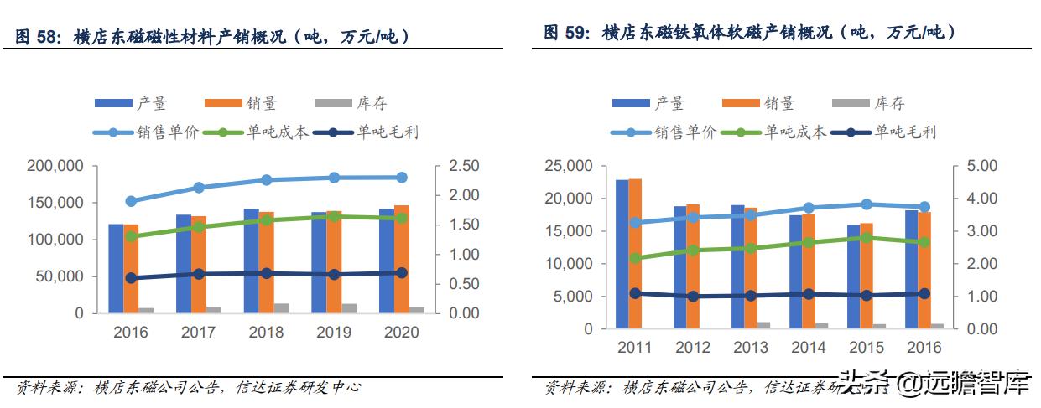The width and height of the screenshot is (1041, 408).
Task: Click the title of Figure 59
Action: (749, 33)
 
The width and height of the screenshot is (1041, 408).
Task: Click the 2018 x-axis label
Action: (266, 333)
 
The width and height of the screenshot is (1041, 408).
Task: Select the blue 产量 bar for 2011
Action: (622, 254)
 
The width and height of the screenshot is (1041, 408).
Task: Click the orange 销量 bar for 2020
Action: (401, 259)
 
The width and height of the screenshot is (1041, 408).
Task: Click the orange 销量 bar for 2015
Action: (867, 276)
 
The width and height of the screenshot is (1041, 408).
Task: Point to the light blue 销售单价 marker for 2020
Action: (401, 178)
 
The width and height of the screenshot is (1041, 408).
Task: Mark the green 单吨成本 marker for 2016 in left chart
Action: (131, 236)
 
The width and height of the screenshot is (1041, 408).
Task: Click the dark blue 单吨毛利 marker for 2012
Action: (693, 297)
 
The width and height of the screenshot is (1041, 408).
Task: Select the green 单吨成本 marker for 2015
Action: (867, 238)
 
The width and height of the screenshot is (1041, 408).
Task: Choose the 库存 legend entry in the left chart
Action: (351, 104)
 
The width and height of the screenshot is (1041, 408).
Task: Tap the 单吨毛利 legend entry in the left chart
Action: (371, 132)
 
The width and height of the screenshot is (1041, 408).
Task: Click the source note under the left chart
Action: (189, 387)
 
